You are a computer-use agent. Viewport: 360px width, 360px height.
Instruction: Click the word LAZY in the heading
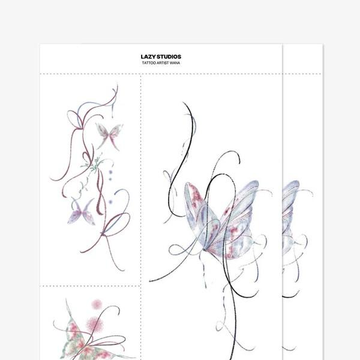pos(148,57)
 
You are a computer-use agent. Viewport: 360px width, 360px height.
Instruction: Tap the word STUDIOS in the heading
pos(169,57)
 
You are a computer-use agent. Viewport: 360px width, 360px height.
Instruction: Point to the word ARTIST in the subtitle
pos(163,63)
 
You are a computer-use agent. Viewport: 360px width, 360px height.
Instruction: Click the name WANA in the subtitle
pos(175,63)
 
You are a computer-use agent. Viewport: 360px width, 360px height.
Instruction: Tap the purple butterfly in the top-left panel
pos(82,212)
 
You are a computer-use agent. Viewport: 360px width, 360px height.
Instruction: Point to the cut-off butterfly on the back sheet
pos(290,218)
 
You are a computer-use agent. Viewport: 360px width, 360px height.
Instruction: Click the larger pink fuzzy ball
pos(95,324)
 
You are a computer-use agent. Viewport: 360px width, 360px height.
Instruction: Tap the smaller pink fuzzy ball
pos(97,304)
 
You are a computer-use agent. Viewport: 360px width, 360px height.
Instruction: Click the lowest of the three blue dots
pos(110,202)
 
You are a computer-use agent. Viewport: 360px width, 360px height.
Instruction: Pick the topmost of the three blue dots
pos(110,172)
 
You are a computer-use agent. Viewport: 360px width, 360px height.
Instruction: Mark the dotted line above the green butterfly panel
pos(90,286)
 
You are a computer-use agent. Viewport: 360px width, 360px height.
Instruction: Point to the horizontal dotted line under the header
pos(181,74)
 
